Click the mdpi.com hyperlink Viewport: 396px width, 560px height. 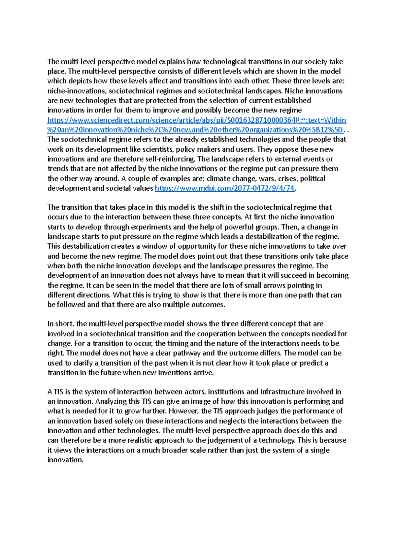224,188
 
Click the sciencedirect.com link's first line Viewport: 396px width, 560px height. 197,120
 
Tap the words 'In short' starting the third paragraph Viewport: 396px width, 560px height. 59,324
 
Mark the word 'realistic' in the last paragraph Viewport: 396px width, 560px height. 139,441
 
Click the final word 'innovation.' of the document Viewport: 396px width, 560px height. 65,460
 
